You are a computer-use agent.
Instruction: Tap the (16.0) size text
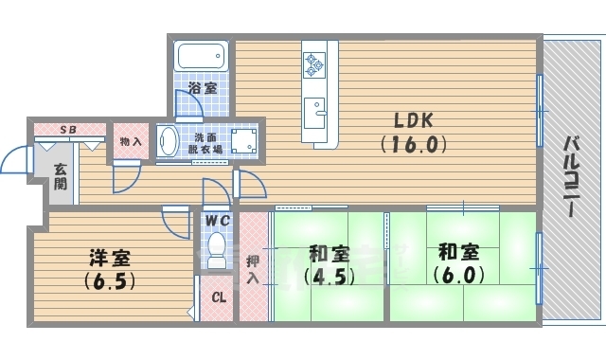point(413,145)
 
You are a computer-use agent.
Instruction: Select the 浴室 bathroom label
point(202,88)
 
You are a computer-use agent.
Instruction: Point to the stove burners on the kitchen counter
point(314,63)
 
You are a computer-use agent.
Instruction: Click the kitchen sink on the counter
point(314,106)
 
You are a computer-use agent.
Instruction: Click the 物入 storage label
point(131,141)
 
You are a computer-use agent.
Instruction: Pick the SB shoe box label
point(69,129)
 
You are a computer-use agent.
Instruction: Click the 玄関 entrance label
point(60,177)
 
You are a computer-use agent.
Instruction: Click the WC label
point(218,220)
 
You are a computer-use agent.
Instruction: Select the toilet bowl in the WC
point(217,248)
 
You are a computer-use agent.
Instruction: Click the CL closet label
point(218,297)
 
